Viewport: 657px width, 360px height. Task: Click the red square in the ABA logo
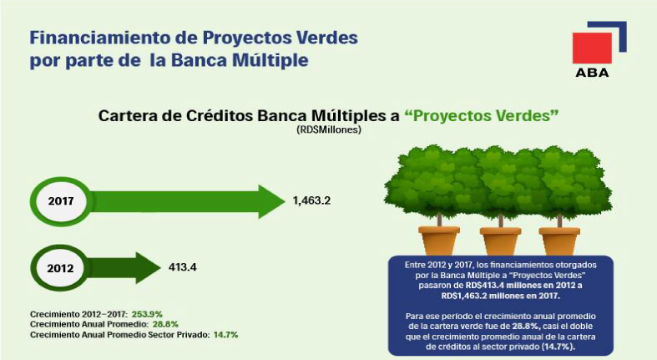tap(592, 48)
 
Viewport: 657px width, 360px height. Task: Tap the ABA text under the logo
tap(592, 73)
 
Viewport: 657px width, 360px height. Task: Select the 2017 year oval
tap(61, 201)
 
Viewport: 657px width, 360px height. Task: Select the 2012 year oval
tap(60, 268)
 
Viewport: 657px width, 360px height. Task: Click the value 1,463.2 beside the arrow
tap(311, 200)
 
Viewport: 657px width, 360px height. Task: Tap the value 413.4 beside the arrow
tap(183, 267)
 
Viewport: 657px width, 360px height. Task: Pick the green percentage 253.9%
tap(147, 314)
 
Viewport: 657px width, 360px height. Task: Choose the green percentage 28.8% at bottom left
tap(165, 324)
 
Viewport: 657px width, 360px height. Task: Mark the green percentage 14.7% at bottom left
tap(226, 335)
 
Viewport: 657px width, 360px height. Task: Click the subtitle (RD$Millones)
tap(329, 130)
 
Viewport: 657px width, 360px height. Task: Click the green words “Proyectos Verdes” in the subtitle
tap(482, 115)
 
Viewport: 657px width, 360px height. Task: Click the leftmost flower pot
tap(439, 241)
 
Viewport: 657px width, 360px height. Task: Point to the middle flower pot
tap(500, 241)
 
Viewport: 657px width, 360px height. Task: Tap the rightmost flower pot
tap(559, 241)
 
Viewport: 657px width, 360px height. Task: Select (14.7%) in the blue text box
tap(558, 347)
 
